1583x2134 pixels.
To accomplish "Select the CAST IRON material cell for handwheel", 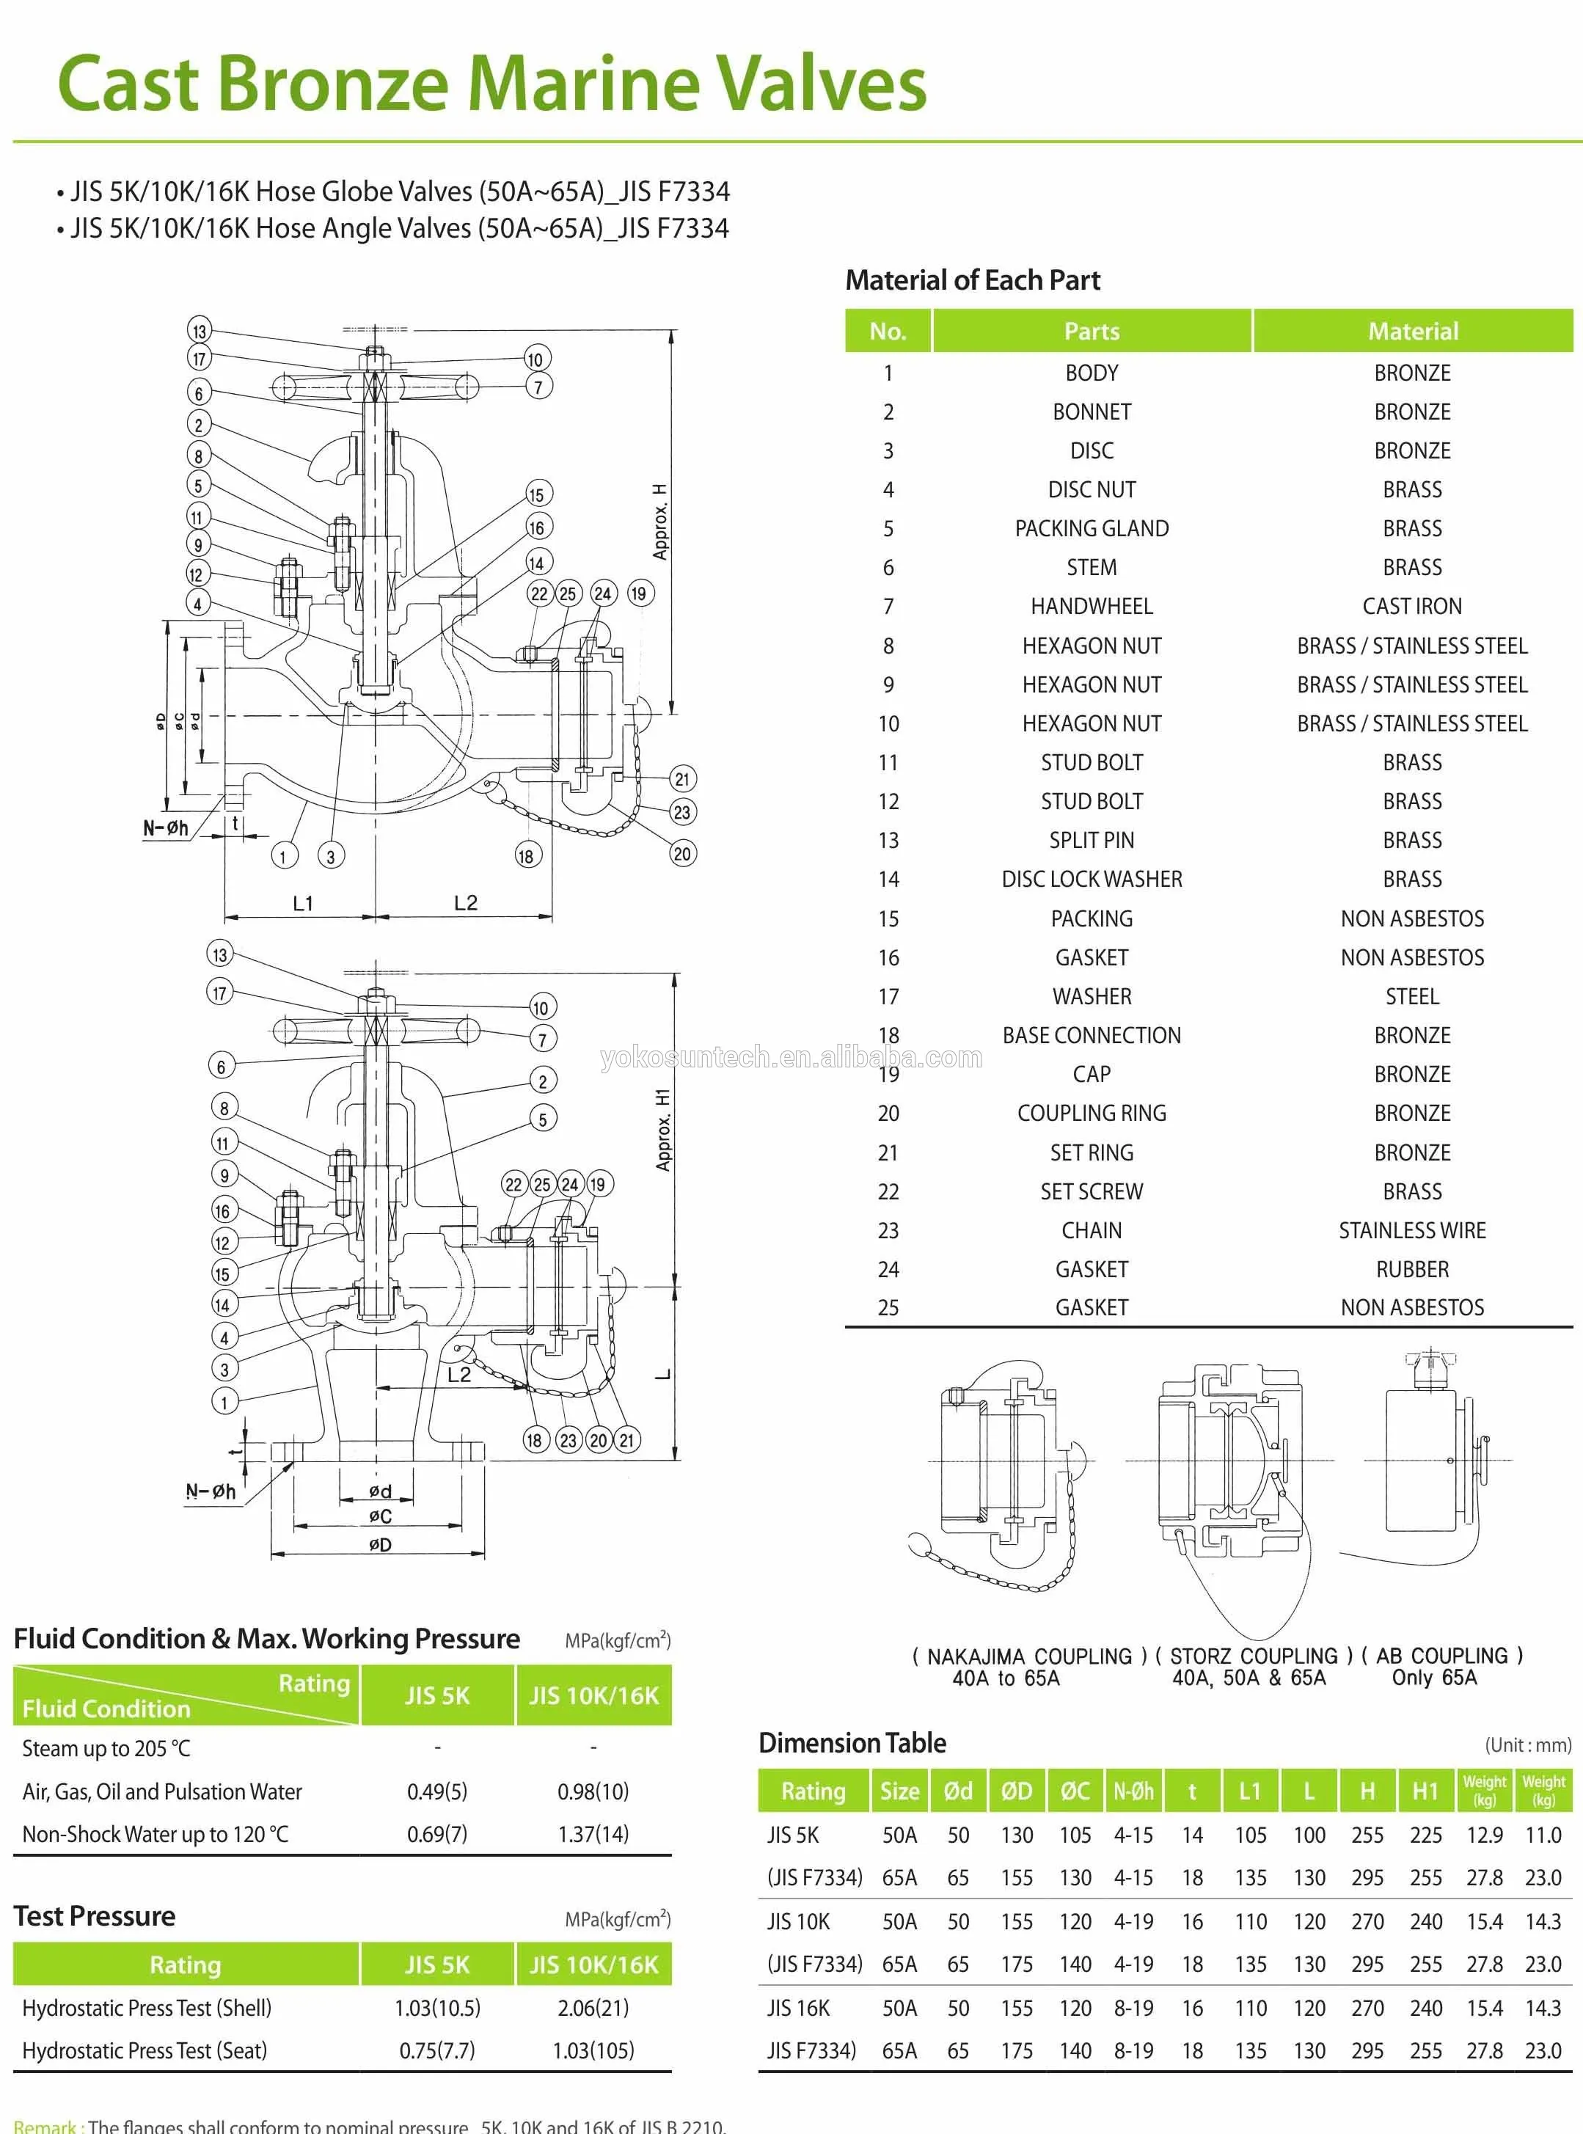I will pyautogui.click(x=1411, y=607).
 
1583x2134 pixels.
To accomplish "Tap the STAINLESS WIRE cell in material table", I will pyautogui.click(x=1411, y=1230).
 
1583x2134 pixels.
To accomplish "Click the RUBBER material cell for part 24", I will pyautogui.click(x=1411, y=1270).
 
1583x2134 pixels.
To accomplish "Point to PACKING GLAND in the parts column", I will pyautogui.click(x=1092, y=529).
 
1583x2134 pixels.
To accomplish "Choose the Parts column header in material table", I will pyautogui.click(x=1092, y=332).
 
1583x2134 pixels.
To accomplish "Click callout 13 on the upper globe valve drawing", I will pyautogui.click(x=198, y=332).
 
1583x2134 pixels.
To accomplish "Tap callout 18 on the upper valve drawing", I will pyautogui.click(x=526, y=855).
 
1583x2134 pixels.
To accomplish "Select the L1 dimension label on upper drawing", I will pyautogui.click(x=303, y=902).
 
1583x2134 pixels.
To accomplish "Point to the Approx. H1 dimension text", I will pyautogui.click(x=663, y=1129).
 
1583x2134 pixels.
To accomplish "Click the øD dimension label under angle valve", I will pyautogui.click(x=381, y=1545).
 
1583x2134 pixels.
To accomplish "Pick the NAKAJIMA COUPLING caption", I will pyautogui.click(x=1028, y=1656).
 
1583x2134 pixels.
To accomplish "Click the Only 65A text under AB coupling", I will pyautogui.click(x=1435, y=1678).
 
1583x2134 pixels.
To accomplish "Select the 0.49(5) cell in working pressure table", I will pyautogui.click(x=437, y=1792).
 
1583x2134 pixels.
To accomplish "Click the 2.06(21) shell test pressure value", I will pyautogui.click(x=593, y=2008).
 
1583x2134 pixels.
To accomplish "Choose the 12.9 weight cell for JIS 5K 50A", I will pyautogui.click(x=1483, y=1835).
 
